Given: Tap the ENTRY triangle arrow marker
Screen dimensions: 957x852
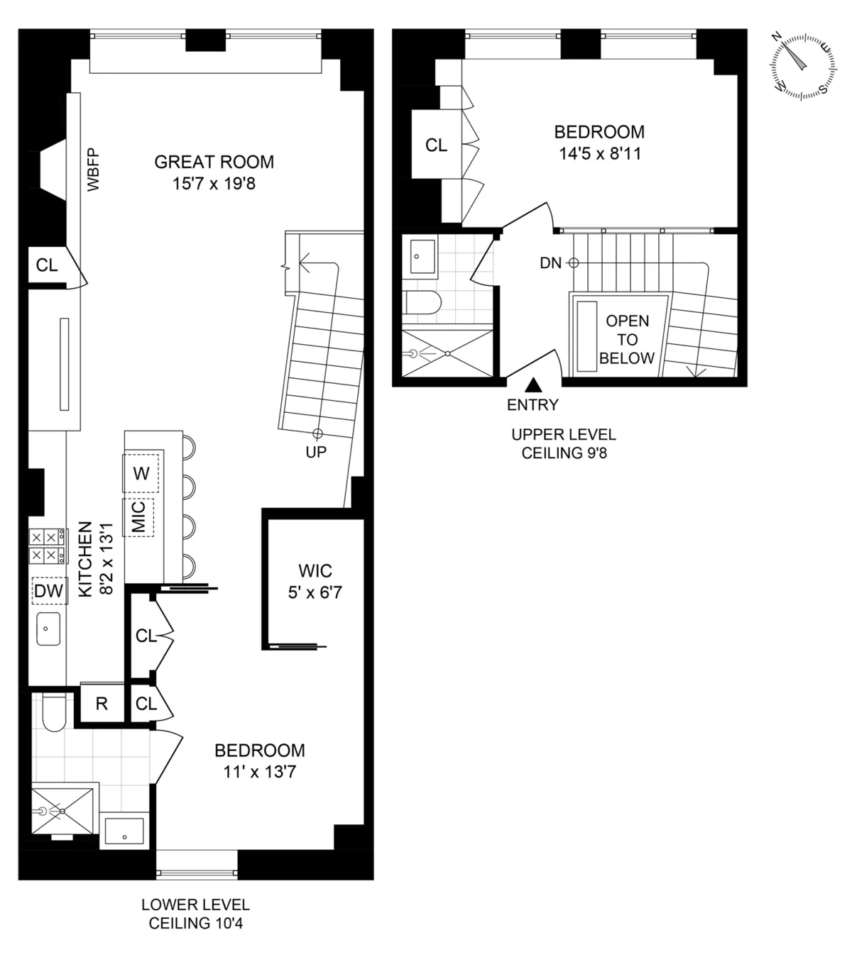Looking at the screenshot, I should (534, 385).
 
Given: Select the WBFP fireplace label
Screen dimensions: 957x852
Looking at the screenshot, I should (94, 170).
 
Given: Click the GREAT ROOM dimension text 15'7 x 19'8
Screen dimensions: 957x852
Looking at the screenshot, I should (214, 184).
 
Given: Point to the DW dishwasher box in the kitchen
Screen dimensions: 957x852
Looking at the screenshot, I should (48, 590).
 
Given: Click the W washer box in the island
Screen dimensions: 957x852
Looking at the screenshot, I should (141, 473).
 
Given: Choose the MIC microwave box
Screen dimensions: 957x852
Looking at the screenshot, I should (139, 516).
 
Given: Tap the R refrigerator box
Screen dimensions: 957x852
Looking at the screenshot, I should (102, 704).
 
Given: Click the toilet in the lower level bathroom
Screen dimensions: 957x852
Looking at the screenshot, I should (53, 713).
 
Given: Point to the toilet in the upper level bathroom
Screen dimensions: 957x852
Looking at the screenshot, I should (423, 303).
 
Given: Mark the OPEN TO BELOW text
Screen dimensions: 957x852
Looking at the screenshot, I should (626, 340).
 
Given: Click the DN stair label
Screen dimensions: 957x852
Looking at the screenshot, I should (550, 263).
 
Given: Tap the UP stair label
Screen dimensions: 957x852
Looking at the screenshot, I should (316, 451).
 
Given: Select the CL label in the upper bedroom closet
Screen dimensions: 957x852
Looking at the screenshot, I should (436, 145).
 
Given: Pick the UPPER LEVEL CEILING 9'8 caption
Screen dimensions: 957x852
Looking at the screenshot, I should (564, 444).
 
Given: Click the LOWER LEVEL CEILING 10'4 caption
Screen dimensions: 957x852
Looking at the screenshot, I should (195, 914).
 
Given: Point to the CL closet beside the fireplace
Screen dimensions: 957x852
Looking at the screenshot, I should (47, 265).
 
